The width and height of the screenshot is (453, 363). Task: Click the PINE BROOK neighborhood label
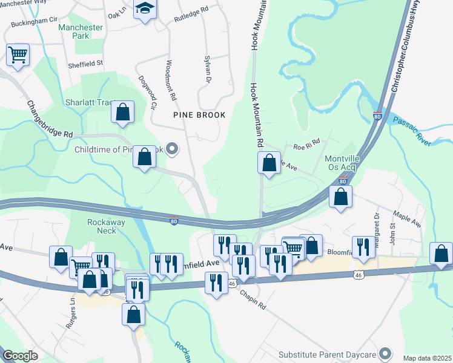(x=199, y=115)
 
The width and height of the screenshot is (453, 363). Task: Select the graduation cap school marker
(x=145, y=9)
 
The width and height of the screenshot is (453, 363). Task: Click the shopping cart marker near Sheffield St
(x=18, y=55)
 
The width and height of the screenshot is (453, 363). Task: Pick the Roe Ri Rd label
(x=306, y=146)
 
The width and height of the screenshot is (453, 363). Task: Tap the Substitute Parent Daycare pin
(x=385, y=354)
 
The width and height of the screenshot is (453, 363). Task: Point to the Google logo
(x=21, y=356)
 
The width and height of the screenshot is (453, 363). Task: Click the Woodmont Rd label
(x=170, y=80)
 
